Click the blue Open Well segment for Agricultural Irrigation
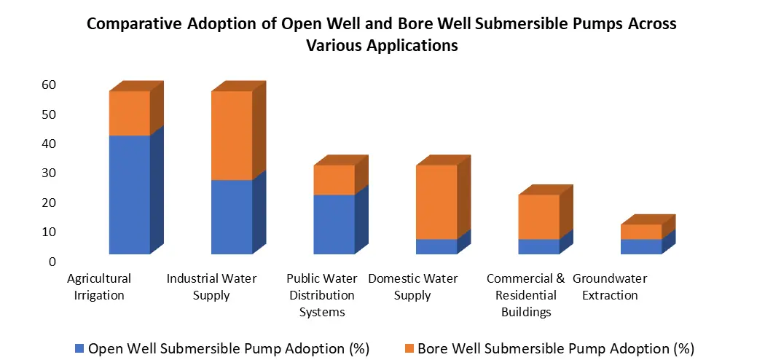(129, 195)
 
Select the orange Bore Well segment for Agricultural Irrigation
(129, 113)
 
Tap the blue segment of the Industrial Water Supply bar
(232, 216)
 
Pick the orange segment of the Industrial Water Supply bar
(232, 136)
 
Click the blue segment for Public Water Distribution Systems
(334, 224)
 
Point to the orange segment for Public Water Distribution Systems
(334, 180)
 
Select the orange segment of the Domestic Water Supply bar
(436, 202)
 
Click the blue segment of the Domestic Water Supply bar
(436, 246)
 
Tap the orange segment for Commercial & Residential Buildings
(539, 216)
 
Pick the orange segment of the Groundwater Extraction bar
(641, 232)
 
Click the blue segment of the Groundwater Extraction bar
(641, 246)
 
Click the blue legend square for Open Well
(79, 348)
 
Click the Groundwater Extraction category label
(609, 286)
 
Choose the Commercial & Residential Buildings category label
(525, 295)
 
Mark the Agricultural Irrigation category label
(98, 286)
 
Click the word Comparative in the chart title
(133, 23)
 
